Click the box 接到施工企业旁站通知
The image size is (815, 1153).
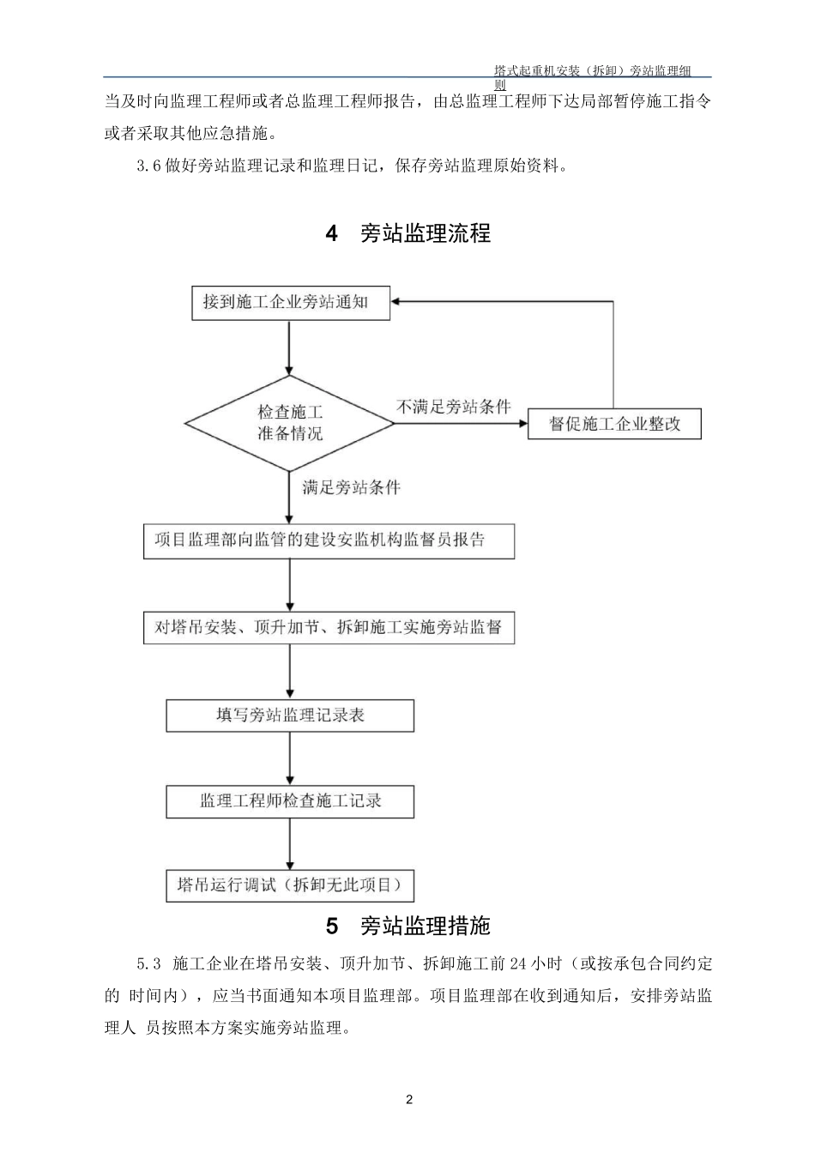point(290,303)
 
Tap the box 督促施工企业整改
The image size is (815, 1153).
point(614,424)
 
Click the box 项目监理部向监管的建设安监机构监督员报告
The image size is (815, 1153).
point(329,540)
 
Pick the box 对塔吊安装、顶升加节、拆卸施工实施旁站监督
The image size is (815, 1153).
point(329,627)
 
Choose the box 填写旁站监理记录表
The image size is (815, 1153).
point(290,715)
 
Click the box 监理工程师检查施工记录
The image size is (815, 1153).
point(290,801)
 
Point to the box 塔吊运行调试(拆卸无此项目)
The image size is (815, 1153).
point(290,885)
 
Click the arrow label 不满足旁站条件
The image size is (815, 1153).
point(454,407)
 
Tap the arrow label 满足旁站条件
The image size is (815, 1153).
point(352,488)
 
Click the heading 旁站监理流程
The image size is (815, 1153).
point(426,233)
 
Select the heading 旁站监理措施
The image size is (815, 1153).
point(426,927)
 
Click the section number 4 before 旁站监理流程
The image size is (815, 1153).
point(332,233)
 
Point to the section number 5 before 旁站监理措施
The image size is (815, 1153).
point(332,927)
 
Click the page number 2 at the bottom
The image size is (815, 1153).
point(409,1101)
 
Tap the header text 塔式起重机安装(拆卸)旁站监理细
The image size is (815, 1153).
point(593,70)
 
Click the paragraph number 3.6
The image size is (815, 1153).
point(149,166)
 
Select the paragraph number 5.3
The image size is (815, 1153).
point(149,963)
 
